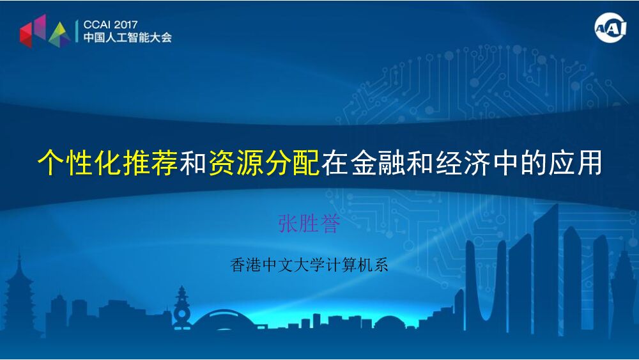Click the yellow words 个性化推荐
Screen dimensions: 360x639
click(107, 164)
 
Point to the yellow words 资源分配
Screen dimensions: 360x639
click(264, 164)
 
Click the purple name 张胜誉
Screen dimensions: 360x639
click(309, 224)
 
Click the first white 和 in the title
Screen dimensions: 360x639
click(192, 164)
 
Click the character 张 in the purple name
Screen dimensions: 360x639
click(288, 224)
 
